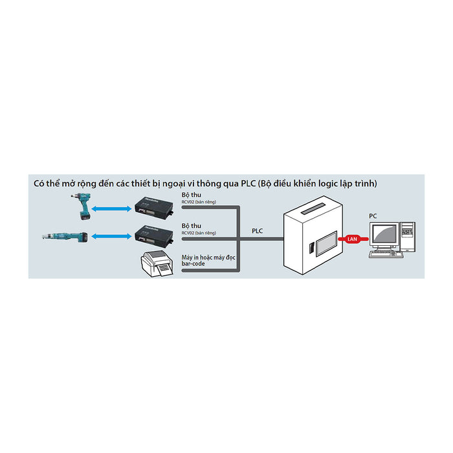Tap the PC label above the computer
click(x=373, y=215)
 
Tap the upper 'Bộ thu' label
click(x=190, y=195)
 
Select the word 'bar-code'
click(x=193, y=264)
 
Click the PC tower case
click(x=408, y=238)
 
